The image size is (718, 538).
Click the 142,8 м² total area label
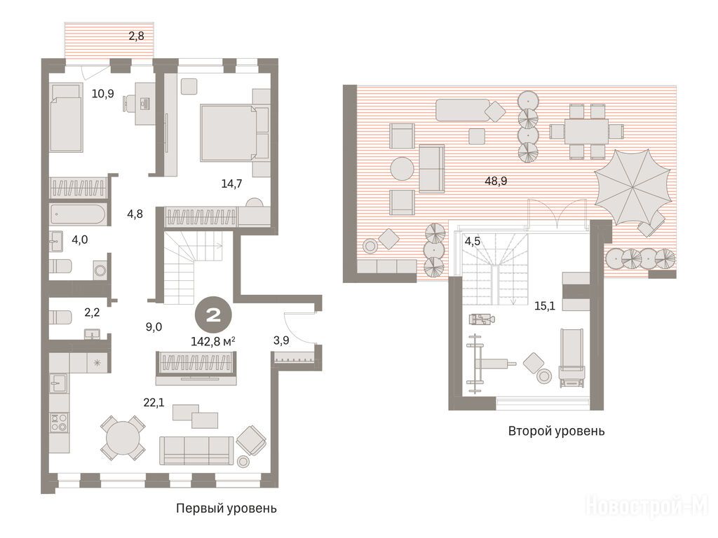point(213,341)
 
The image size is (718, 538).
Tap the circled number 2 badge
point(213,315)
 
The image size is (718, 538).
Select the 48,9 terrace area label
point(496,181)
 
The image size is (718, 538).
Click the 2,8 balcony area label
point(137,36)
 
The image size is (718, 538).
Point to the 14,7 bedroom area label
point(231,184)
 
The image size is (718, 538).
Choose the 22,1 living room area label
point(154,403)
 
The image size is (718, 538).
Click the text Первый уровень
point(226,509)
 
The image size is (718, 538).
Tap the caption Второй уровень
point(556,431)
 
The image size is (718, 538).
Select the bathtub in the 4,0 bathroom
point(79,214)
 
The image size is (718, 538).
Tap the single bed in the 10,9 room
point(66,118)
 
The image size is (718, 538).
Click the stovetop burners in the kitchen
point(59,421)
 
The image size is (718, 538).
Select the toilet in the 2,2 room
point(60,317)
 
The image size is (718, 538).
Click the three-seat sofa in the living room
point(196,450)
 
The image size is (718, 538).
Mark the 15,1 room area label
point(545,305)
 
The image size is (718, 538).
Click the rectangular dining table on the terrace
point(586,131)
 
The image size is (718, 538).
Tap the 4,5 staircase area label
point(473,241)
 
